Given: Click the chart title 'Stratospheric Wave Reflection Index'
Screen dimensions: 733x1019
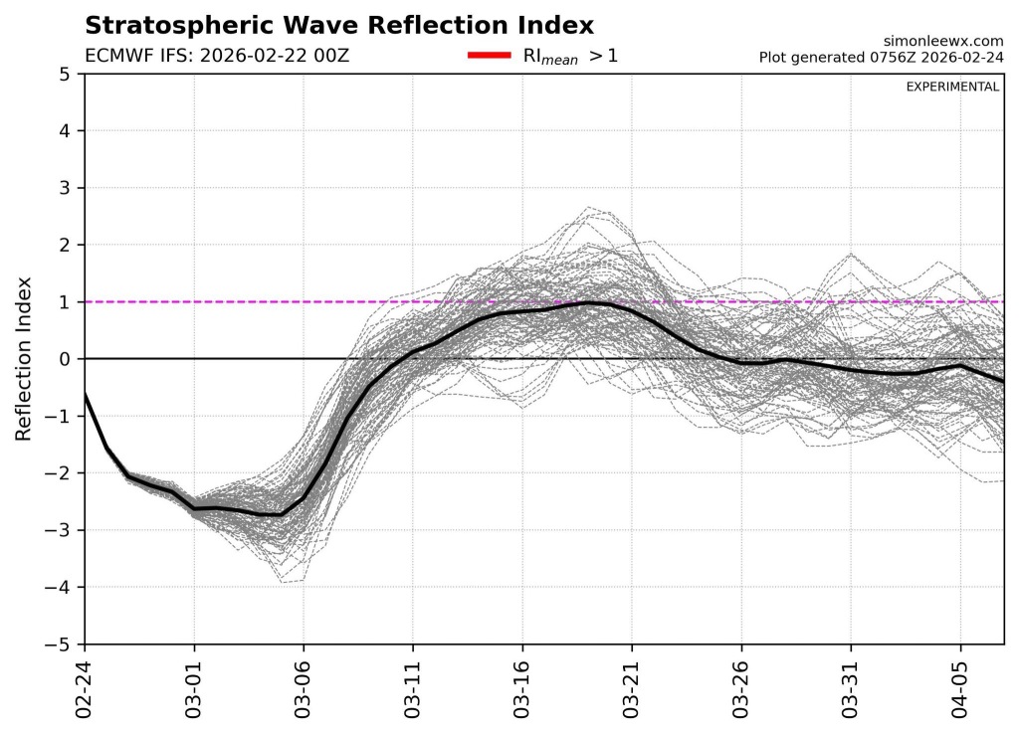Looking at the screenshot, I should point(339,26).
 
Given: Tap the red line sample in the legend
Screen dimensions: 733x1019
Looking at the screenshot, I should point(490,56).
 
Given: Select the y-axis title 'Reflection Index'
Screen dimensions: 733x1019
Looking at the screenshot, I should point(24,359).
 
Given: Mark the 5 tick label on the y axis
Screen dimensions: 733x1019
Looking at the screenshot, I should point(64,75).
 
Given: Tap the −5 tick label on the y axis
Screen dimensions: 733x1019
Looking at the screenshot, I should point(60,644).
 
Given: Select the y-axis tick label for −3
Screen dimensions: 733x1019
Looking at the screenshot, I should point(60,530).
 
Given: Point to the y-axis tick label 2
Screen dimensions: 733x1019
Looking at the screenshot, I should point(64,245).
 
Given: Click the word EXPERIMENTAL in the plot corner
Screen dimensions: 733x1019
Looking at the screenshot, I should point(952,88).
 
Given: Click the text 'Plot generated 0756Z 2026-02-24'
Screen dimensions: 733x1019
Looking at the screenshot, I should point(881,57).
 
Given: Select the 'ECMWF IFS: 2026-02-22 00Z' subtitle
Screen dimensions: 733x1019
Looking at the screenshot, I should point(217,56).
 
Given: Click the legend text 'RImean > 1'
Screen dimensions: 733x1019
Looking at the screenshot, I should point(570,56).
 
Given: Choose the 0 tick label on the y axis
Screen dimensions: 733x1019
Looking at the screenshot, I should point(64,359).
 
